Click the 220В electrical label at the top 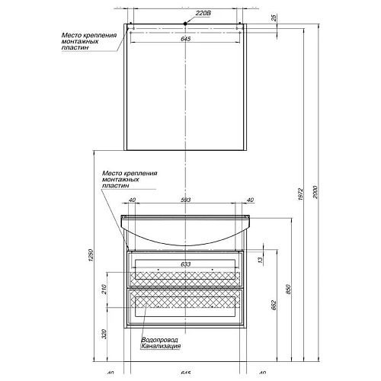pos(202,14)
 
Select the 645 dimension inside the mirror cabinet pos(185,40)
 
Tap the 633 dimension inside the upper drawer pos(185,264)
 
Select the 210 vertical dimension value pos(105,290)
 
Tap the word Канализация pos(162,347)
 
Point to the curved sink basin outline pos(185,240)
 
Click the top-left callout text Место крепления pos(88,35)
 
